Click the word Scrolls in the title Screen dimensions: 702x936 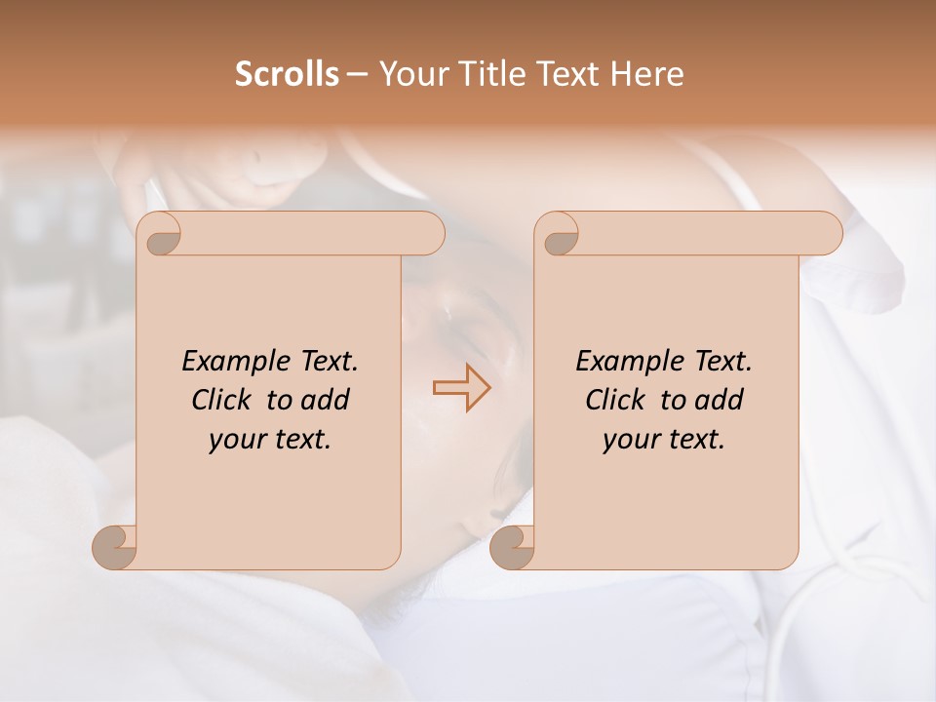287,74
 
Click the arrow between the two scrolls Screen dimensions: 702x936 461,387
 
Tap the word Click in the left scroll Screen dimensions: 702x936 223,400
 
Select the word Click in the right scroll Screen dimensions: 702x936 617,400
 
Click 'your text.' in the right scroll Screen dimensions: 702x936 664,440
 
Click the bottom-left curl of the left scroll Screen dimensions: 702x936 115,547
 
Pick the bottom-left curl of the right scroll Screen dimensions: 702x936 513,547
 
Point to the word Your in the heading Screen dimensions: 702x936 411,74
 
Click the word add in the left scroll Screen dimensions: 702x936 327,400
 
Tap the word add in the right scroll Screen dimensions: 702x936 721,400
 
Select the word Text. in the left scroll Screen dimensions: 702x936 326,362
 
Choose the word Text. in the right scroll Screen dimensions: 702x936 720,362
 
